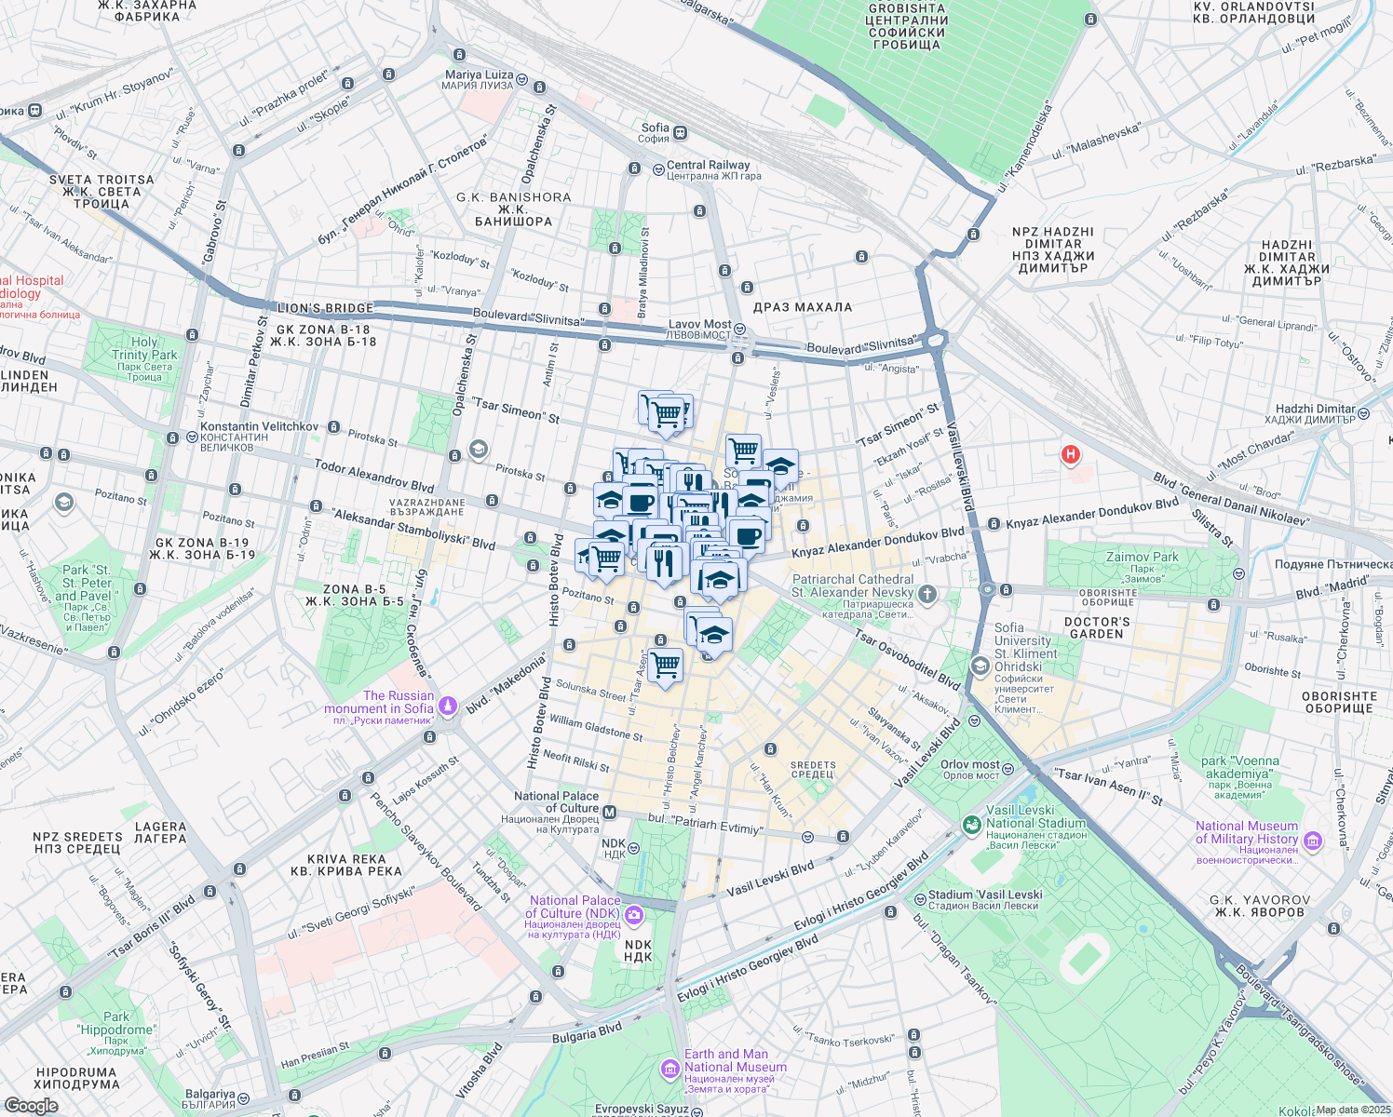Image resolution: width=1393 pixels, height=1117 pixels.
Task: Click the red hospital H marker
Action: (x=1071, y=454)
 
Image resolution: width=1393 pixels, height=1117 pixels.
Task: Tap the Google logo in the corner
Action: (x=31, y=1106)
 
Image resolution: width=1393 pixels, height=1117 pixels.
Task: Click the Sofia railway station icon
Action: (x=681, y=133)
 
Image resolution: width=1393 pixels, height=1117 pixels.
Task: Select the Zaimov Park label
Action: (x=1142, y=558)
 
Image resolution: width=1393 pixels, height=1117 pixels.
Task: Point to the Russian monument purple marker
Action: (x=448, y=707)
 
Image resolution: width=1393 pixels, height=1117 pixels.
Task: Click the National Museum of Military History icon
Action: (x=1313, y=841)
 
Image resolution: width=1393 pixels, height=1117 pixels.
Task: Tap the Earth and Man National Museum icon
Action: (x=669, y=1069)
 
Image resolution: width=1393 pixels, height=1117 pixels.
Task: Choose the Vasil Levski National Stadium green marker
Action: (x=972, y=824)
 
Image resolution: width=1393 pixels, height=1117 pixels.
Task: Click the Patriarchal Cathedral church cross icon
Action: (x=927, y=593)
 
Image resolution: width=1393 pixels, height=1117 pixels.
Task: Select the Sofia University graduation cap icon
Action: (x=980, y=666)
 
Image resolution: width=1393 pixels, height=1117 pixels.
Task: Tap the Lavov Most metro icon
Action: (x=739, y=329)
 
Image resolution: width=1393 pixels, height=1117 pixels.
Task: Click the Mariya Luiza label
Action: (x=479, y=74)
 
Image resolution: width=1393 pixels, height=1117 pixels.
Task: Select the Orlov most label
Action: (x=969, y=764)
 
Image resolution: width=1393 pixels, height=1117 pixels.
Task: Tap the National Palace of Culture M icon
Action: (x=610, y=813)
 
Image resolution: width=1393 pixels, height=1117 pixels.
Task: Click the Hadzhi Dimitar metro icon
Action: (x=1364, y=414)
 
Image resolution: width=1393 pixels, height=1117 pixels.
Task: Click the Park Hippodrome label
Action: (x=116, y=1023)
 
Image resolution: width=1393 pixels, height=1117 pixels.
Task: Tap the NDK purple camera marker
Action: (x=634, y=915)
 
